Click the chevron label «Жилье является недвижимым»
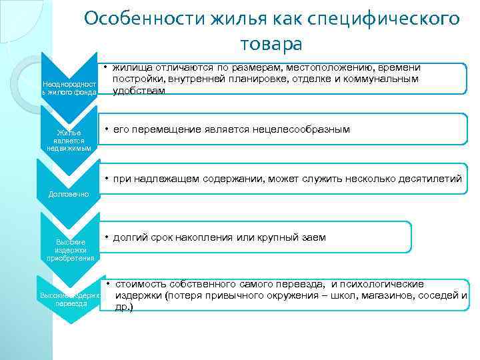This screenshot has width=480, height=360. point(69,140)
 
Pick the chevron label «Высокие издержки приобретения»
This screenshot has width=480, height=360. point(69,249)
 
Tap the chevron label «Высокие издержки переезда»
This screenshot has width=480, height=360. point(69,298)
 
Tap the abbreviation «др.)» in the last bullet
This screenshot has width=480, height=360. point(124,307)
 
